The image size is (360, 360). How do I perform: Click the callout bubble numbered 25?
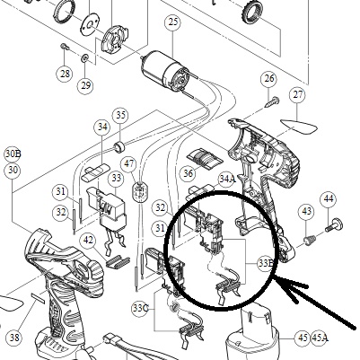173,22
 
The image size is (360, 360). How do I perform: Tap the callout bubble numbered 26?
269,79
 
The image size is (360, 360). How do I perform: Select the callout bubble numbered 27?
298,95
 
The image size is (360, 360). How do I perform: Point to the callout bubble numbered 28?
65,74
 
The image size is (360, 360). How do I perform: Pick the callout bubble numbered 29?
85,85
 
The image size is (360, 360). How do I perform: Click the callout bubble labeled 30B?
13,154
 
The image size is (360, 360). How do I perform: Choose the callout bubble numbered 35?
120,116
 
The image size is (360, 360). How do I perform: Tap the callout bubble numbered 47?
128,164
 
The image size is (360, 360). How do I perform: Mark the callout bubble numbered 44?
329,198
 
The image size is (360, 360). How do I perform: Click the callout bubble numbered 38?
14,338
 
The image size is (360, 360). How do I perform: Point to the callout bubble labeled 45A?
320,338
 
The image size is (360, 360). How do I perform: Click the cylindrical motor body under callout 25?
165,69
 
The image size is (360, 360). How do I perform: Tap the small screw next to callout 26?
272,101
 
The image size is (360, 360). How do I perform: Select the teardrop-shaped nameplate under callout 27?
298,127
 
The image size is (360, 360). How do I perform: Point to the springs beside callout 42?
118,261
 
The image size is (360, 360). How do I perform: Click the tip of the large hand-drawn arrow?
275,277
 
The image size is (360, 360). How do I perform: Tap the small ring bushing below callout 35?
119,146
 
